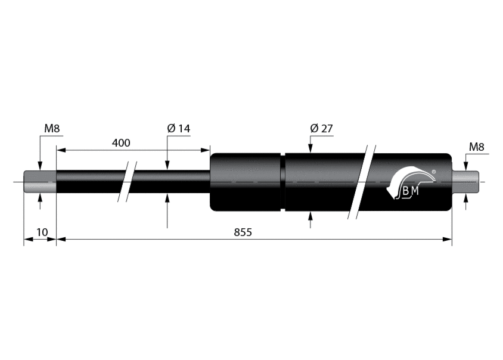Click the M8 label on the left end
pyautogui.click(x=52, y=129)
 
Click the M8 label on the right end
pyautogui.click(x=476, y=147)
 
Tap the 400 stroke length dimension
pyautogui.click(x=121, y=143)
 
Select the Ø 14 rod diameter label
pyautogui.click(x=179, y=129)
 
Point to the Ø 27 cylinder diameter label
pyautogui.click(x=321, y=129)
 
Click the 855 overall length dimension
pyautogui.click(x=243, y=232)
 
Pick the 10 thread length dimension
pyautogui.click(x=42, y=232)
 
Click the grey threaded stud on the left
pyautogui.click(x=40, y=182)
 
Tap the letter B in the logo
pyautogui.click(x=406, y=191)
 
